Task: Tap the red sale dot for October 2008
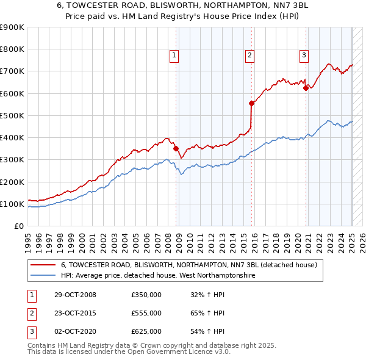click(176, 148)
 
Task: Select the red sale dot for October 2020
click(306, 88)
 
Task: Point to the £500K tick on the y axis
click(12, 115)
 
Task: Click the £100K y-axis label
click(12, 204)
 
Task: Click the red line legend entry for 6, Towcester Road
click(188, 265)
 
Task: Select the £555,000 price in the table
click(146, 313)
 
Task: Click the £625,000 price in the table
click(146, 331)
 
